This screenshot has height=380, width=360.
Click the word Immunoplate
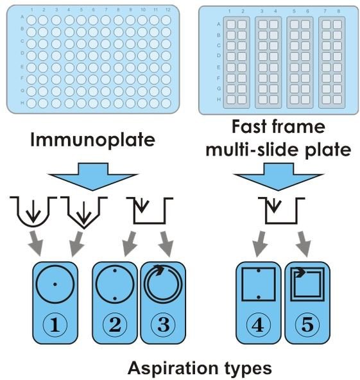pos(92,140)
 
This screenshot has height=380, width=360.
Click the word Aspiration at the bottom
pos(172,368)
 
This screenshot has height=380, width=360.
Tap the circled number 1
pos(55,325)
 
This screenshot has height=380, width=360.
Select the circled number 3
pos(163,325)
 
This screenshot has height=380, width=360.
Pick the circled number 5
pos(307,325)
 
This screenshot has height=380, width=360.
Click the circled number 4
pos(258,325)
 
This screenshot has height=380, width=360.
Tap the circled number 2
pos(115,325)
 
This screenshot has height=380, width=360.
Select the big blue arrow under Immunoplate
pos(92,177)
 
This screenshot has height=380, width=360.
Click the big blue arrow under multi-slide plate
pos(279,177)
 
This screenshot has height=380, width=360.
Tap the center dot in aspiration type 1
pos(55,284)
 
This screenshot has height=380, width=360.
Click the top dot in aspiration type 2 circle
pos(115,270)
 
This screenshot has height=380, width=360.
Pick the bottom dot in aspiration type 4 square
pos(259,297)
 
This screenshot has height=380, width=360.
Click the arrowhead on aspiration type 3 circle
pos(159,270)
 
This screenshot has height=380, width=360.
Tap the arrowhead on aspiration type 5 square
pos(300,272)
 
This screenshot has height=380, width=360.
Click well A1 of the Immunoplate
pos(31,20)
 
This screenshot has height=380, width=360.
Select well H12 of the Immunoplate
pos(166,103)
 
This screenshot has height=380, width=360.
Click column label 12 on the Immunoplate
pos(168,10)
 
